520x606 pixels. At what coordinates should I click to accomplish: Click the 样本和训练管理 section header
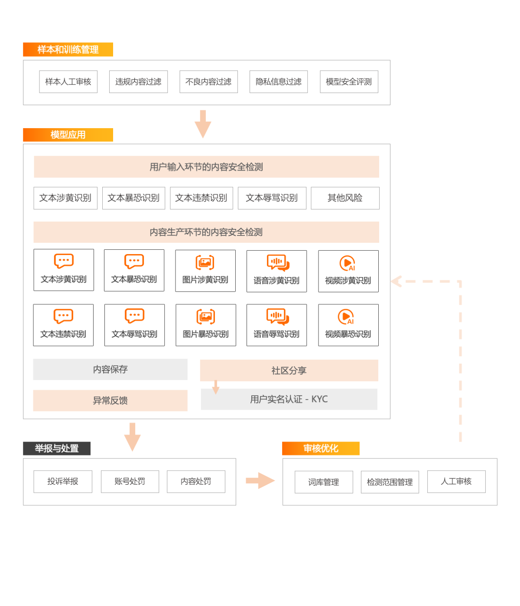coord(68,49)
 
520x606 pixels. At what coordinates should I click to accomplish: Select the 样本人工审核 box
coord(68,82)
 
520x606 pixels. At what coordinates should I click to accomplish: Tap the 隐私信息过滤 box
coord(279,82)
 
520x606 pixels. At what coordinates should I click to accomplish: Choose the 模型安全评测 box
coord(349,82)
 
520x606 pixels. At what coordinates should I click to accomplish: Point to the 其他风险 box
coord(345,198)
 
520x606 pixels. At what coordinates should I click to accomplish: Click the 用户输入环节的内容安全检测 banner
coord(206,167)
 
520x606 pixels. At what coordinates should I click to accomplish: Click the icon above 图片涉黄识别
coord(205,262)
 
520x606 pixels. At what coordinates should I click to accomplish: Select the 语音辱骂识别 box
coord(276,325)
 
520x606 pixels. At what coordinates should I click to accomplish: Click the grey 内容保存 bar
coord(110,369)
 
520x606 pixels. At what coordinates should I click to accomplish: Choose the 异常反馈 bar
coord(110,400)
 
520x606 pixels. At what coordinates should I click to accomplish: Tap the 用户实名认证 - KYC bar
coord(289,399)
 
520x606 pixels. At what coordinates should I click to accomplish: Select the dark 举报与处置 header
coord(57,448)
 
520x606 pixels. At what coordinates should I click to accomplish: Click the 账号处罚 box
coord(130,481)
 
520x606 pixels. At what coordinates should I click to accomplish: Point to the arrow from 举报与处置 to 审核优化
coord(260,480)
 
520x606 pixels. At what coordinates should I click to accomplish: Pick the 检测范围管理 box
coord(390,482)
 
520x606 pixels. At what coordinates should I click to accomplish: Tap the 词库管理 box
coord(324,482)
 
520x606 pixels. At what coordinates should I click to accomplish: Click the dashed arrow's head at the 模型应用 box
coord(396,281)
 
